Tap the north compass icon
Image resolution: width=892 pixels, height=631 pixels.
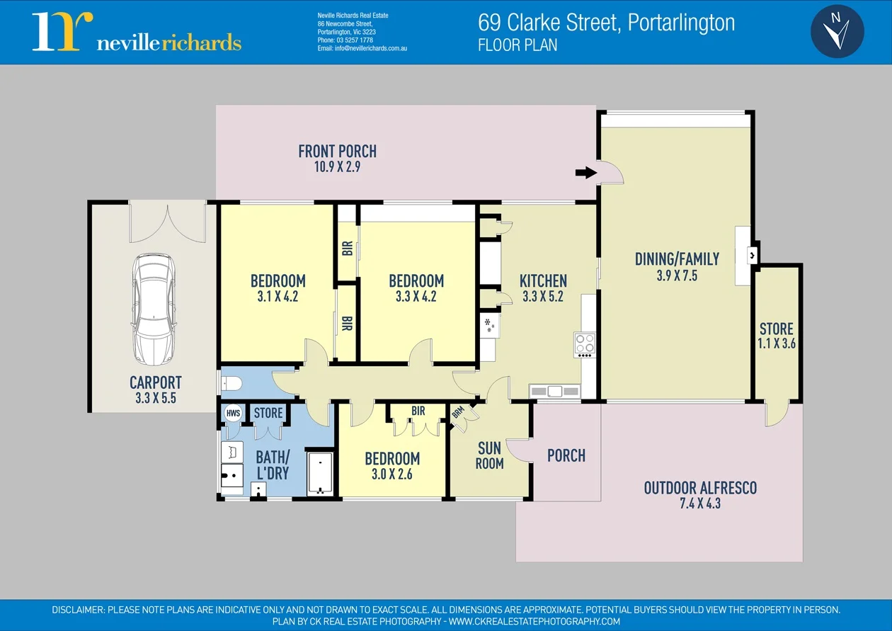[837, 31]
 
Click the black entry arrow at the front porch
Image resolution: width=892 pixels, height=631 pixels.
[585, 172]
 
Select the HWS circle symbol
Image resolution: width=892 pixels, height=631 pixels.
[233, 413]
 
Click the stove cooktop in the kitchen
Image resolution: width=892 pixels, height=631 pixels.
[585, 344]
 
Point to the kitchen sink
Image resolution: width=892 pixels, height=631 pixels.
[554, 391]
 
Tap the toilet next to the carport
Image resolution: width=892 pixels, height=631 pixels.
[231, 384]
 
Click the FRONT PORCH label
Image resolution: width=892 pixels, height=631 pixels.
[337, 151]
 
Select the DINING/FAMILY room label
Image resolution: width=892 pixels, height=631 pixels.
[677, 259]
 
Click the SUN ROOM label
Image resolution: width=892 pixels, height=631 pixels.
[489, 455]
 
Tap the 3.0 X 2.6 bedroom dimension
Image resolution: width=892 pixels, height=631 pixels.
[392, 474]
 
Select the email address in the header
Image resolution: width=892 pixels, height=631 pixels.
[362, 49]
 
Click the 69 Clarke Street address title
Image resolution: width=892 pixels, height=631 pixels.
[607, 23]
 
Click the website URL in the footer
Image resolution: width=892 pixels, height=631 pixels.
[534, 621]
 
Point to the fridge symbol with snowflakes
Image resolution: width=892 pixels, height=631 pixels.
[488, 326]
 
